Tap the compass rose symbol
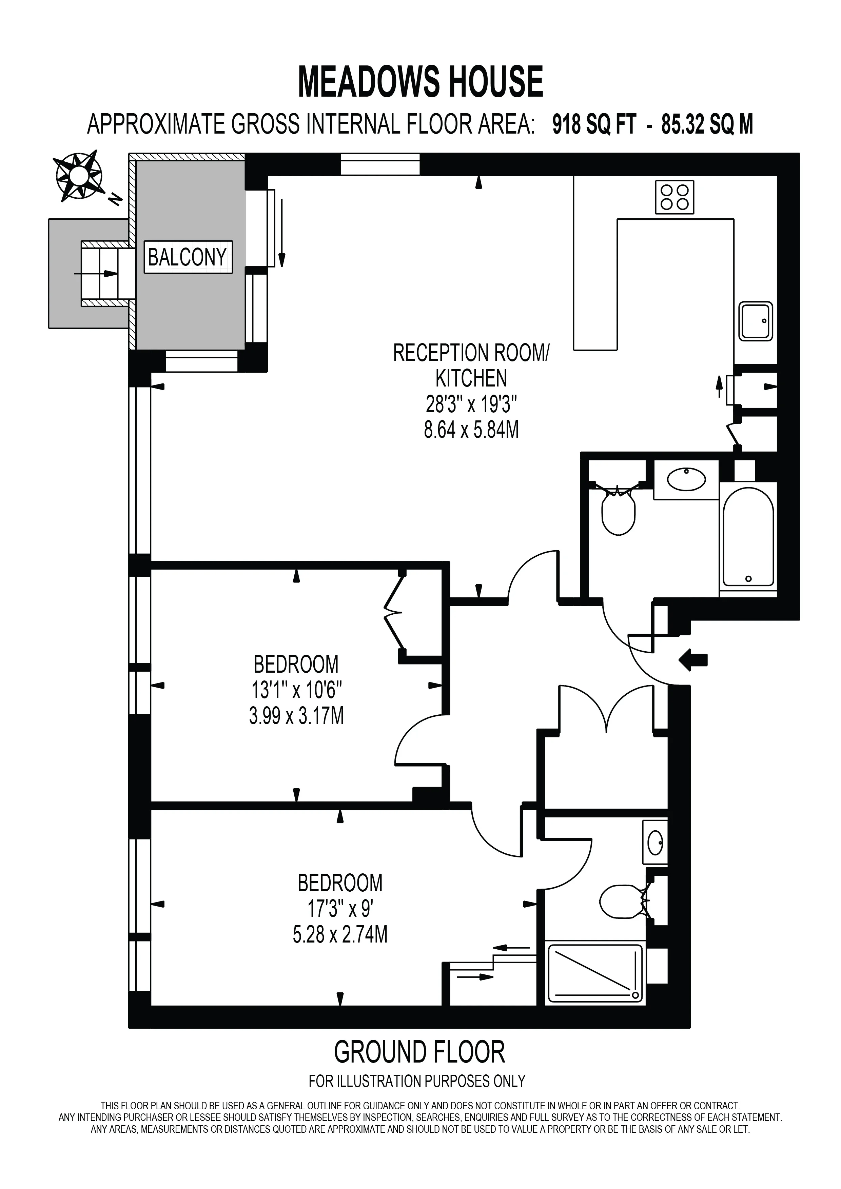tap(79, 177)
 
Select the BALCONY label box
tap(188, 257)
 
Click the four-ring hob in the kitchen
tap(674, 197)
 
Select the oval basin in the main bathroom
tap(686, 479)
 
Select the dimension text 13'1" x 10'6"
tap(296, 690)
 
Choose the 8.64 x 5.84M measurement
tap(471, 430)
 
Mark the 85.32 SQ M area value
tap(707, 125)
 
